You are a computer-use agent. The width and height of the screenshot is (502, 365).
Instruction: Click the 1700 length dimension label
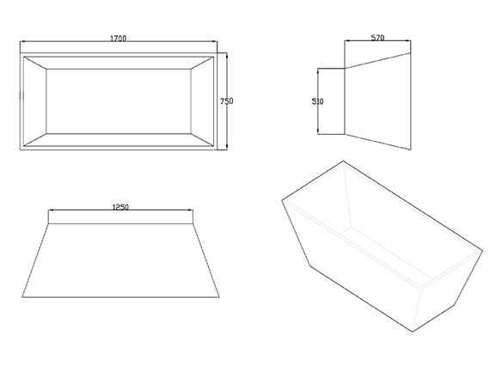(119, 39)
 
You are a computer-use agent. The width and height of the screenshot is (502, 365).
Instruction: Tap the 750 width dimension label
(227, 101)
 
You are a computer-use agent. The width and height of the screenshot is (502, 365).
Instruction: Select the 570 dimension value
(377, 38)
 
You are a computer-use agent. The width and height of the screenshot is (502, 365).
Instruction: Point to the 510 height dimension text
(317, 101)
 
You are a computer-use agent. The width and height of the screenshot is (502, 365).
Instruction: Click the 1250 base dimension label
(120, 207)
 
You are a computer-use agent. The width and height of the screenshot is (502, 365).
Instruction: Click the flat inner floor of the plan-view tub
(119, 101)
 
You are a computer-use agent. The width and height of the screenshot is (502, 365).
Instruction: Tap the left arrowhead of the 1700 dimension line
(21, 41)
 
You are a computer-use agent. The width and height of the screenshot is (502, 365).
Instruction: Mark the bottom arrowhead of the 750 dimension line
(227, 148)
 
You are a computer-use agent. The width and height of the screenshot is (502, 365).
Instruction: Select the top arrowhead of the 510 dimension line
(318, 70)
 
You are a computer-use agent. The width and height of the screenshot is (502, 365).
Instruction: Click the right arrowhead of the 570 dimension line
(409, 40)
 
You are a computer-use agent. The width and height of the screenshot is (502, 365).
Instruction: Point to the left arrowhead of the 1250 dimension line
(51, 210)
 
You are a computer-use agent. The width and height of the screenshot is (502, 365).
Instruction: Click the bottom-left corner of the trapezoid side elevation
(22, 297)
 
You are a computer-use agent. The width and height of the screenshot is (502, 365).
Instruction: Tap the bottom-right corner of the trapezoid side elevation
(219, 297)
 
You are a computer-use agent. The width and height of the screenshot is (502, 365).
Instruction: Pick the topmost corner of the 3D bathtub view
(343, 161)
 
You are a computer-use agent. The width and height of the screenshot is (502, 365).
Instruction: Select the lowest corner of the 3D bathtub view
(413, 332)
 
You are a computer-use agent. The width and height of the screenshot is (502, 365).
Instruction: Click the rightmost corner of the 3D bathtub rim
(482, 251)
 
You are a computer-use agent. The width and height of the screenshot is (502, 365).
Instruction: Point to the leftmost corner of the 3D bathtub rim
(282, 200)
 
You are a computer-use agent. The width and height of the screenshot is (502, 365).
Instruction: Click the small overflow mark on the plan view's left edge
(21, 95)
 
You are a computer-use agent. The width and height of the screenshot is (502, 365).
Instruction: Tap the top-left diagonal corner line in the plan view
(35, 63)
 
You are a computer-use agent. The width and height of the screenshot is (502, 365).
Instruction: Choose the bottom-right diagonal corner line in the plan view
(202, 140)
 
